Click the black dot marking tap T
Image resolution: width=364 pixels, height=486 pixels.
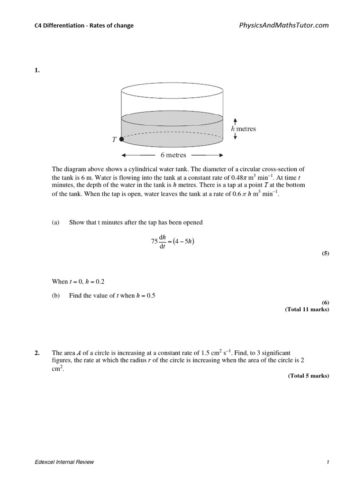pos(121,139)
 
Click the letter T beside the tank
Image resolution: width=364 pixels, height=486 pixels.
pos(114,139)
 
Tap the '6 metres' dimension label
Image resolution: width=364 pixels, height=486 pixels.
pos(173,155)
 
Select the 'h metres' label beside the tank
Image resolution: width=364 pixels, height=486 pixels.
pos(243,129)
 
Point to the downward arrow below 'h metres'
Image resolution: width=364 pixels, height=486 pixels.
pos(236,136)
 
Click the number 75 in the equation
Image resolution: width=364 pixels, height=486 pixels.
pos(154,241)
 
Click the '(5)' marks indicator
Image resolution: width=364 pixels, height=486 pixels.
pos(325,253)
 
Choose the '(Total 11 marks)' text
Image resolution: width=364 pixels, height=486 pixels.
pos(307,309)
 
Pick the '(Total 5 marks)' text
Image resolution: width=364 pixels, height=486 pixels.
pos(308,375)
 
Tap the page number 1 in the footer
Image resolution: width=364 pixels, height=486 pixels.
pos(328,463)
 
